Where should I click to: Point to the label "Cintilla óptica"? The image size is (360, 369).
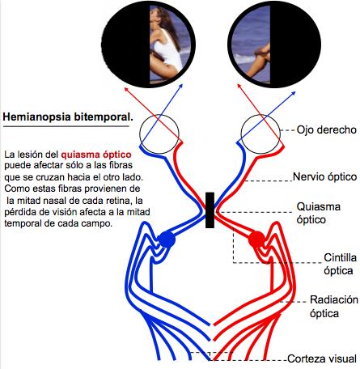pyautogui.click(x=331, y=264)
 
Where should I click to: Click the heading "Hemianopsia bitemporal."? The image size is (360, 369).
pyautogui.click(x=67, y=117)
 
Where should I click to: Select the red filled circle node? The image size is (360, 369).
pyautogui.click(x=256, y=240)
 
